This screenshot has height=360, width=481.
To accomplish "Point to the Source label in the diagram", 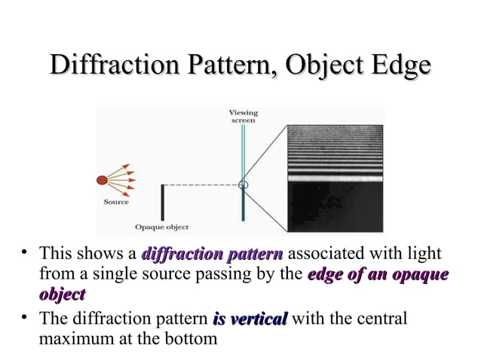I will [115, 202].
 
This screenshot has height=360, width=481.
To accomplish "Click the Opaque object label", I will [161, 226].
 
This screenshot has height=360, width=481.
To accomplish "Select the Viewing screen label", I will [242, 117].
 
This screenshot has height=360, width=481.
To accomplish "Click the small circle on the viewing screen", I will [243, 184].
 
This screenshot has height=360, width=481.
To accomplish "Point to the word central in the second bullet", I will [381, 319].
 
